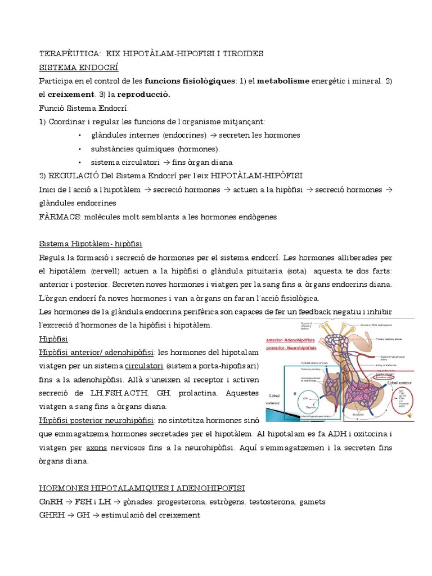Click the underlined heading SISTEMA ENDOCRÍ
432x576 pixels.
click(x=79, y=67)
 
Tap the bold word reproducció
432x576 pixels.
click(x=142, y=94)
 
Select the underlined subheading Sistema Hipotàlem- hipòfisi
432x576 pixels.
click(x=91, y=244)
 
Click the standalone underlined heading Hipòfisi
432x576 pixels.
click(x=53, y=339)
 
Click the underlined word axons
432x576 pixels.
click(x=96, y=447)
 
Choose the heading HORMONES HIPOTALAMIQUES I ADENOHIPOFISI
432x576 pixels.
click(x=142, y=488)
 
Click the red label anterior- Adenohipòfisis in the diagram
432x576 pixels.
click(x=292, y=340)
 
